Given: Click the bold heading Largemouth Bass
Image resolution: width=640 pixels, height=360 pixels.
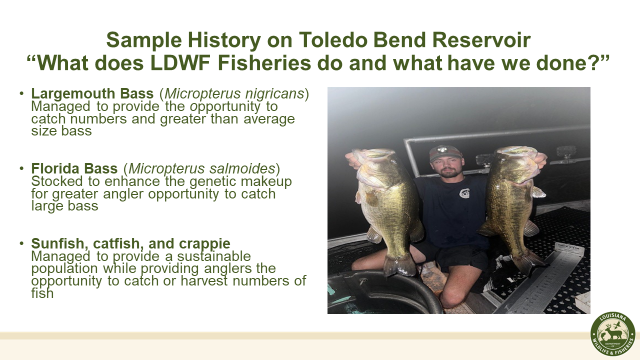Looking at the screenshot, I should pyautogui.click(x=92, y=94).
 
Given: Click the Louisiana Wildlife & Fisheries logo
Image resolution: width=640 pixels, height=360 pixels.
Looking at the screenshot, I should pyautogui.click(x=612, y=334).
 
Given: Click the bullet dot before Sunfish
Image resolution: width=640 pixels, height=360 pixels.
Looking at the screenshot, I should pyautogui.click(x=21, y=244).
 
